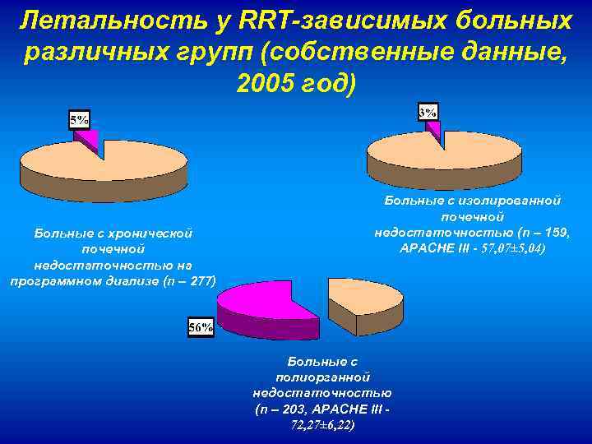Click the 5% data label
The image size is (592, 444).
point(80,120)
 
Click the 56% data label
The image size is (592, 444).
point(201,327)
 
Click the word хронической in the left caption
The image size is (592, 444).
point(154,234)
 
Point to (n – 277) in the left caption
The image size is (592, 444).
point(187,280)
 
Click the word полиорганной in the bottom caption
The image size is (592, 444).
point(323,377)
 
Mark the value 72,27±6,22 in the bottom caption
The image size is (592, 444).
point(323,424)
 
